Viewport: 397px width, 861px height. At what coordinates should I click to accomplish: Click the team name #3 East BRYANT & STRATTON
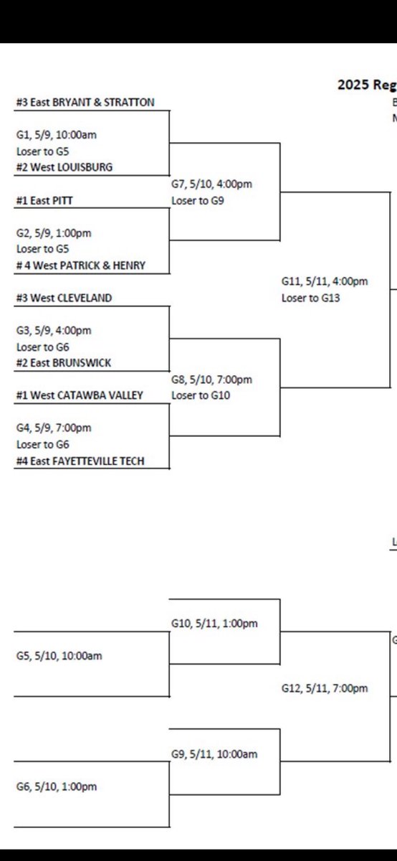85,103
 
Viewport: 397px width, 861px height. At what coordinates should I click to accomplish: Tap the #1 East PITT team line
45,202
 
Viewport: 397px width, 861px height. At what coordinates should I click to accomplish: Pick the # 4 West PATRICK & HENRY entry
80,265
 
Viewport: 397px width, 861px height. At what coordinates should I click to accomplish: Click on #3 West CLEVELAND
64,298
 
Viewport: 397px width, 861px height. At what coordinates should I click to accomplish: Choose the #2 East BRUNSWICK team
63,363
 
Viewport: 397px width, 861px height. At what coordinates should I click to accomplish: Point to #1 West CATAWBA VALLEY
80,395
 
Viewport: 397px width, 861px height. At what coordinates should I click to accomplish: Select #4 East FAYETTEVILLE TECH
80,461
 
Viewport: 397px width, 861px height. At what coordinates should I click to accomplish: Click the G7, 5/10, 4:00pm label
211,184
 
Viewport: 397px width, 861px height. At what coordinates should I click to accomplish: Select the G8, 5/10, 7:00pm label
211,380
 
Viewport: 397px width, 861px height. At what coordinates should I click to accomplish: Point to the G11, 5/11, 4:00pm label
324,282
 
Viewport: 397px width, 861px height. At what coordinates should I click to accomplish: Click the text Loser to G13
310,297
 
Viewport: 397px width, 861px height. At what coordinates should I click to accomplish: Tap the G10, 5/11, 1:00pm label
214,624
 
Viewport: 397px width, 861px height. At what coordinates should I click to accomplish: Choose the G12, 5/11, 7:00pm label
324,689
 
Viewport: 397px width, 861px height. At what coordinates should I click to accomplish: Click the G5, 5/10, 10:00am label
56,656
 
